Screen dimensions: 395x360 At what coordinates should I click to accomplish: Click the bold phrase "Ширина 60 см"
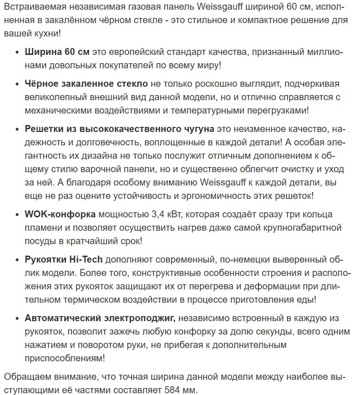tap(57, 52)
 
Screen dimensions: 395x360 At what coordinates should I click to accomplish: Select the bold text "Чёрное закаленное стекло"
tap(86, 84)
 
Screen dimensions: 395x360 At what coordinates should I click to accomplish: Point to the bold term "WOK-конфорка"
tap(60, 215)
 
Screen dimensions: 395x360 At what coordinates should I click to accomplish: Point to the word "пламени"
tap(41, 228)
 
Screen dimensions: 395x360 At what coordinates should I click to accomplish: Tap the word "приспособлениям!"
tap(64, 358)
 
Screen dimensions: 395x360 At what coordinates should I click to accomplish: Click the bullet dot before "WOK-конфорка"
tap(16, 215)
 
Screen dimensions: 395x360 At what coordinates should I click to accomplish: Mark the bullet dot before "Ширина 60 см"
tap(16, 52)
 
